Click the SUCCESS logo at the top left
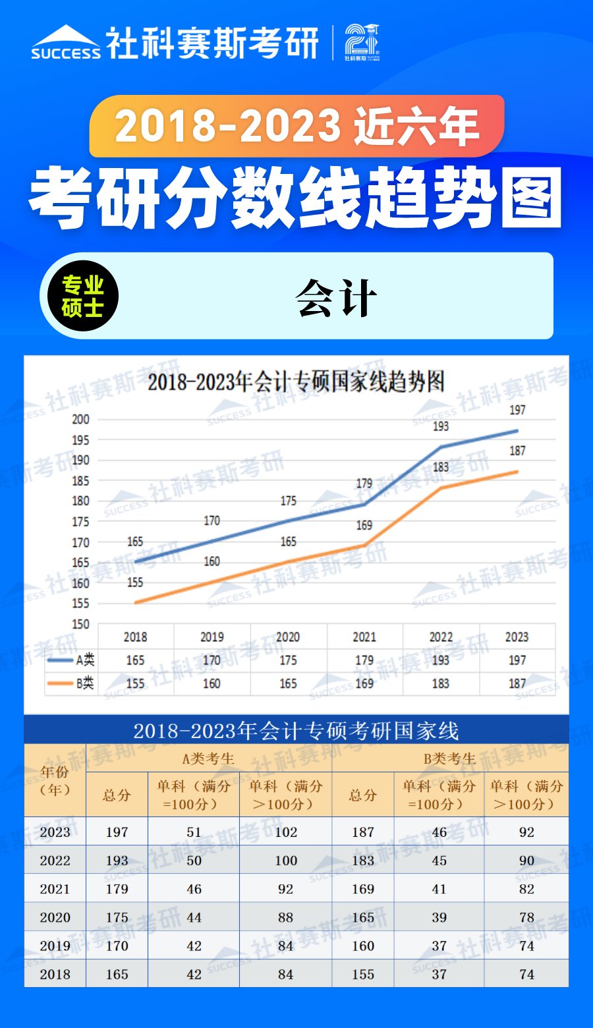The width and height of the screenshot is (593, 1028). coord(66,43)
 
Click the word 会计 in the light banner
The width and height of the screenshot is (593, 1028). coord(336,298)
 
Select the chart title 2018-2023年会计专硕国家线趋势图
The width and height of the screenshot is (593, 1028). coord(296,382)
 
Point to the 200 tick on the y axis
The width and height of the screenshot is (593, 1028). coord(80,419)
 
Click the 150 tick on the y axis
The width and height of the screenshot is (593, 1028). coord(80,624)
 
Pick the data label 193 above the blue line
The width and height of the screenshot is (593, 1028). coord(441,426)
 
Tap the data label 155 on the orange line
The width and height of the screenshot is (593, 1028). coord(135,583)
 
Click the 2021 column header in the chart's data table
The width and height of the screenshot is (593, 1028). coord(364,637)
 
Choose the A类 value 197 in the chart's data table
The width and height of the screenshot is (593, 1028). coord(517,660)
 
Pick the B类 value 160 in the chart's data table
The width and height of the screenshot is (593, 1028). coord(212,684)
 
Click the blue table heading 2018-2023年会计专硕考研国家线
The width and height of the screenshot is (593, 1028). coord(296,731)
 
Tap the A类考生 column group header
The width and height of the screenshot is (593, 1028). coord(208,758)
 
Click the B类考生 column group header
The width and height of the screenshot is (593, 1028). coord(449,758)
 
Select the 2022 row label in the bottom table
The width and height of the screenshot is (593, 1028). coord(55,861)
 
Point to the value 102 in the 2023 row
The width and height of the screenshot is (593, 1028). coord(286,832)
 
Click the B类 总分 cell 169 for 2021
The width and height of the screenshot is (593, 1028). coord(363,889)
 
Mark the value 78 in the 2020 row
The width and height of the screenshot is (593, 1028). coord(526,917)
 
